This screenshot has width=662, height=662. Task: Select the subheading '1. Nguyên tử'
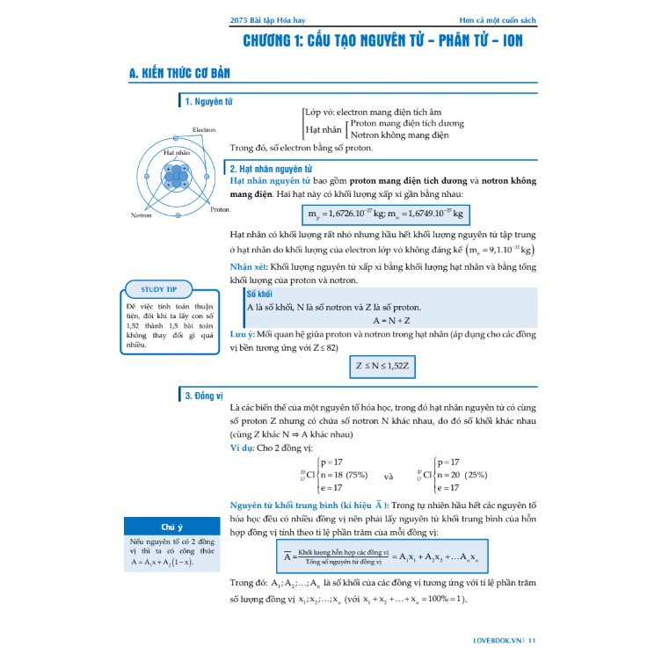click(x=208, y=102)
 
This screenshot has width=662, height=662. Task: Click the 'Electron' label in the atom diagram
click(x=204, y=130)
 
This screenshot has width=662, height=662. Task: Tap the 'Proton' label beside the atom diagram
click(x=220, y=209)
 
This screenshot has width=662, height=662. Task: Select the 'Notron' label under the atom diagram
click(x=142, y=215)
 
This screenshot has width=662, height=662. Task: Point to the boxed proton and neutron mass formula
click(x=385, y=214)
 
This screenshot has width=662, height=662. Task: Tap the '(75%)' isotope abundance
click(x=355, y=475)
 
